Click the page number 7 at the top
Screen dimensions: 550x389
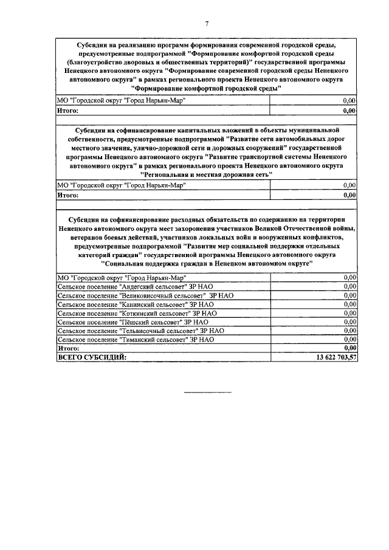(207, 24)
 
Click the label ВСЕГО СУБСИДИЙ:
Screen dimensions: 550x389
(92, 357)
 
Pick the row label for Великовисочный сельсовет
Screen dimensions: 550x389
(145, 295)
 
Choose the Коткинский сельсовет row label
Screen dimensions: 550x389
(136, 312)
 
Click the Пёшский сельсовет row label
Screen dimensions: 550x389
(133, 321)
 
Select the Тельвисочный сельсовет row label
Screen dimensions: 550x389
(140, 331)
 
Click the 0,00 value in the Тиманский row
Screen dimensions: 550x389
(349, 339)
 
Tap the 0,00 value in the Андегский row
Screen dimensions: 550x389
(349, 286)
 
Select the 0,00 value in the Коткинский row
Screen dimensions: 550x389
(349, 312)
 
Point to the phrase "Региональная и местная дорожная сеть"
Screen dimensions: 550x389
(206, 174)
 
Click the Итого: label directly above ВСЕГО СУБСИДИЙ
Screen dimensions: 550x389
(68, 348)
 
